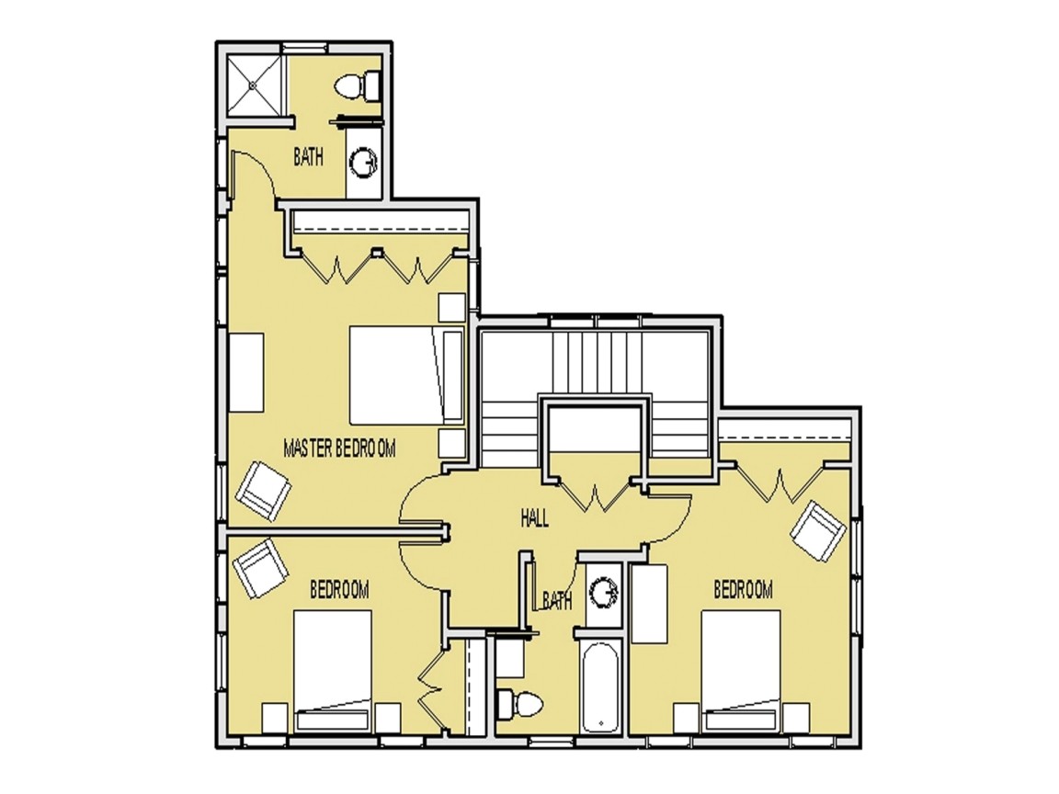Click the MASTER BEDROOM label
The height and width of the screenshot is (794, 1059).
pos(339,448)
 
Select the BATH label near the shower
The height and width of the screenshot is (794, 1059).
pos(308,157)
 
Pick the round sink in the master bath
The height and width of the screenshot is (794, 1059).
pos(363,163)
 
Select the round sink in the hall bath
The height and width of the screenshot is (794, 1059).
pos(603,592)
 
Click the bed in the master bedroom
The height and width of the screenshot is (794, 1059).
pos(395,375)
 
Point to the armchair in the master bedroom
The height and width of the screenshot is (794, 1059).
pos(264,489)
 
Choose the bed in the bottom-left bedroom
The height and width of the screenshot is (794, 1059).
pos(333,669)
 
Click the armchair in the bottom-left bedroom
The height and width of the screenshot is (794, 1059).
pos(261,567)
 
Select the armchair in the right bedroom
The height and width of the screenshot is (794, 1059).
pos(817,530)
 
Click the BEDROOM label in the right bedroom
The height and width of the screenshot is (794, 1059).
pos(743,589)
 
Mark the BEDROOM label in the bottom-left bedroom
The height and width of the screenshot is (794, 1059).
pos(339,589)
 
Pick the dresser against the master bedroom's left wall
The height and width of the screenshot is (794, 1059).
pos(245,372)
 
